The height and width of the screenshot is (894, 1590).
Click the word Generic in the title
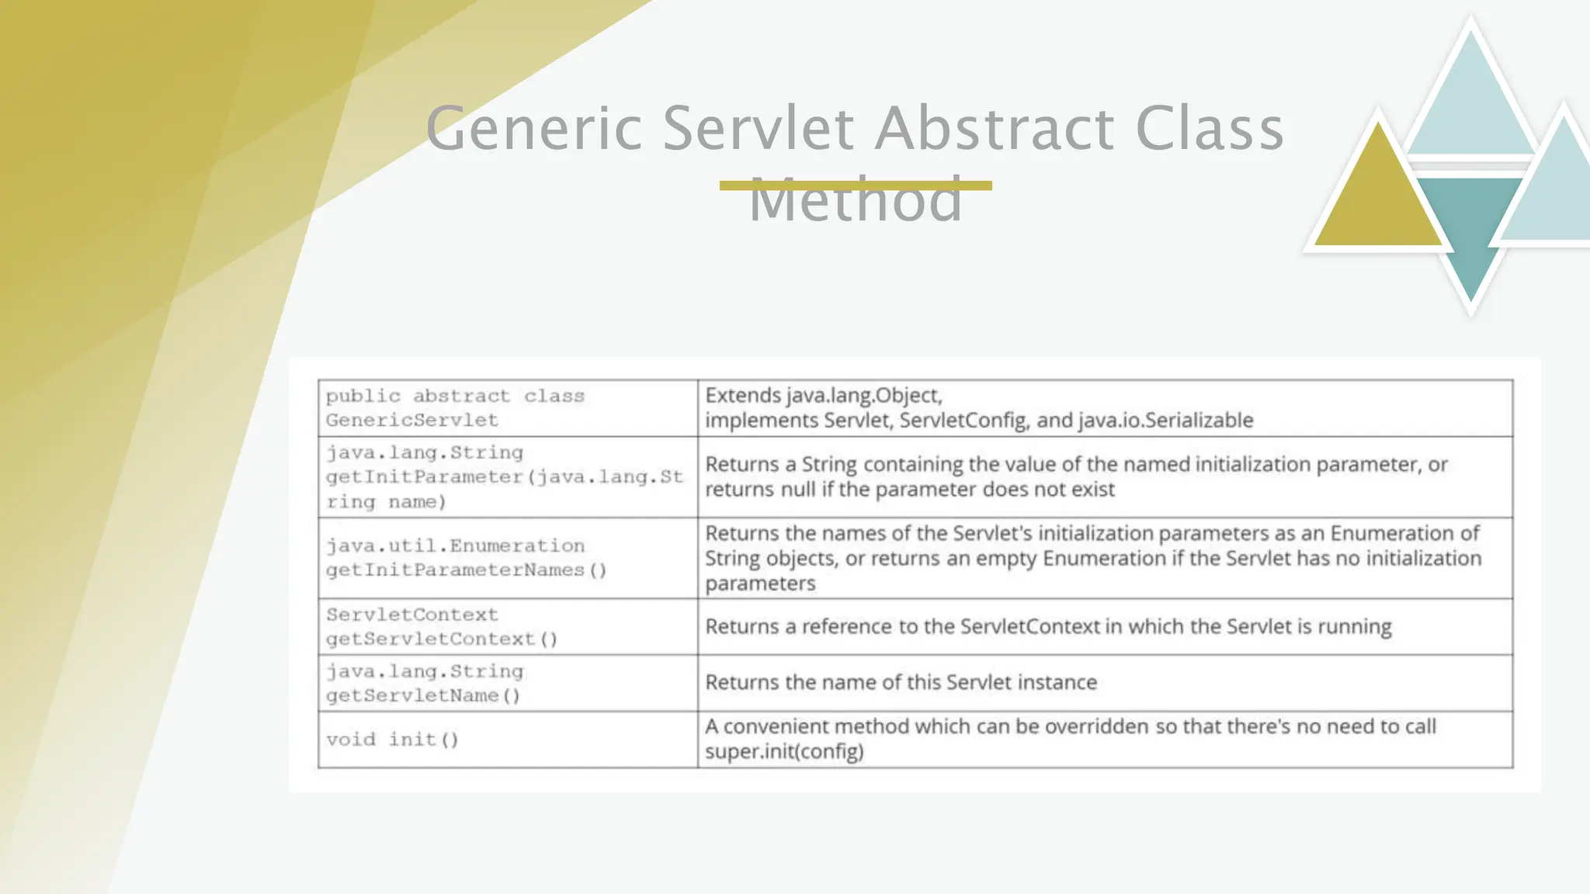[534, 129]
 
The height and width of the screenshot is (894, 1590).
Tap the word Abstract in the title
[995, 129]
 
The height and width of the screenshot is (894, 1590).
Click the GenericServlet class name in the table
[412, 421]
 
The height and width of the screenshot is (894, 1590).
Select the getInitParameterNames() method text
[466, 570]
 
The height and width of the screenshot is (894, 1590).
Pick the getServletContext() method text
[442, 639]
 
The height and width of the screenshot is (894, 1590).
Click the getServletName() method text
[423, 695]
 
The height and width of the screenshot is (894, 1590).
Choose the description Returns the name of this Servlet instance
[901, 683]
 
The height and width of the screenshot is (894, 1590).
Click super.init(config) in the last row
[784, 752]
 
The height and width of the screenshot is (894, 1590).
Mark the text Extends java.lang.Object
[824, 396]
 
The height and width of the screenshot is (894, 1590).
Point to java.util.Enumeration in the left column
[455, 546]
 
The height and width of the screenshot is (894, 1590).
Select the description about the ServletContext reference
[1048, 627]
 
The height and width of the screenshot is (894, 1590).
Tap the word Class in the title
[1209, 129]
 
